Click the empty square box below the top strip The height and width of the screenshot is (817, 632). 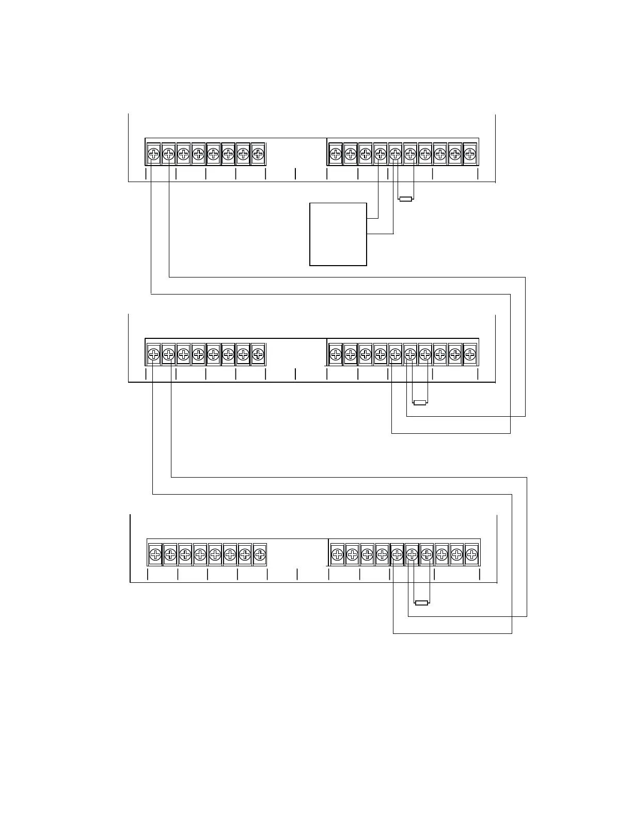[x=338, y=234]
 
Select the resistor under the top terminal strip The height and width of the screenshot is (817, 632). [x=406, y=199]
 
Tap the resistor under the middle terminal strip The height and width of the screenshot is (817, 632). [x=420, y=402]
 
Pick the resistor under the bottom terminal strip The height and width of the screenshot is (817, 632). [x=421, y=602]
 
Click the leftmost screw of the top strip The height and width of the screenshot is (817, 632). [x=153, y=154]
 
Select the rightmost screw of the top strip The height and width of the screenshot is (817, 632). [x=470, y=154]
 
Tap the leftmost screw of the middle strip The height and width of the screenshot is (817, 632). [x=153, y=354]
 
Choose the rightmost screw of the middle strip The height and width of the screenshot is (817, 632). [x=470, y=354]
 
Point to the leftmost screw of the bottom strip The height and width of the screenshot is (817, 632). [x=155, y=554]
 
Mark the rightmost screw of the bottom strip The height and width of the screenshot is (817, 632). [x=471, y=554]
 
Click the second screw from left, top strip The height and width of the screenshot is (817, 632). [x=168, y=154]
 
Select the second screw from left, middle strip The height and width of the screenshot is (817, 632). [x=168, y=354]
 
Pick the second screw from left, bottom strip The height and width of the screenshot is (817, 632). [x=170, y=554]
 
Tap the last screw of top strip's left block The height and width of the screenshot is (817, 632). [x=258, y=154]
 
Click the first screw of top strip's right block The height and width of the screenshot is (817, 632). [x=336, y=154]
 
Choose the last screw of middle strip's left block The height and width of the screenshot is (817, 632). [x=258, y=354]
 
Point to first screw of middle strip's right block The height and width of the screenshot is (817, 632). [x=336, y=354]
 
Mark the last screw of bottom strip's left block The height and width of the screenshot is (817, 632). [x=260, y=554]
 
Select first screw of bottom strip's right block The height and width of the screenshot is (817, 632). [x=337, y=554]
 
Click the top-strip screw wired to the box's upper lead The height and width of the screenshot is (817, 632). [x=381, y=154]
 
